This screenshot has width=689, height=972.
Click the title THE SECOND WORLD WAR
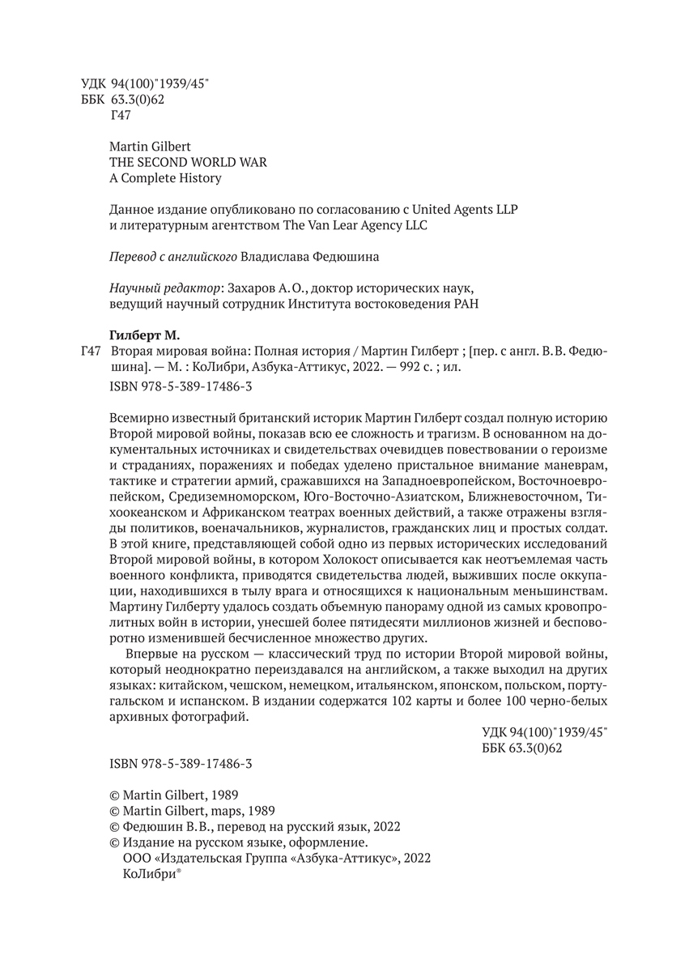point(187,162)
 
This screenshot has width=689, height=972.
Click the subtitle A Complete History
point(164,177)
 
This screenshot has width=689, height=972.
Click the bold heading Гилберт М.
point(144,335)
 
